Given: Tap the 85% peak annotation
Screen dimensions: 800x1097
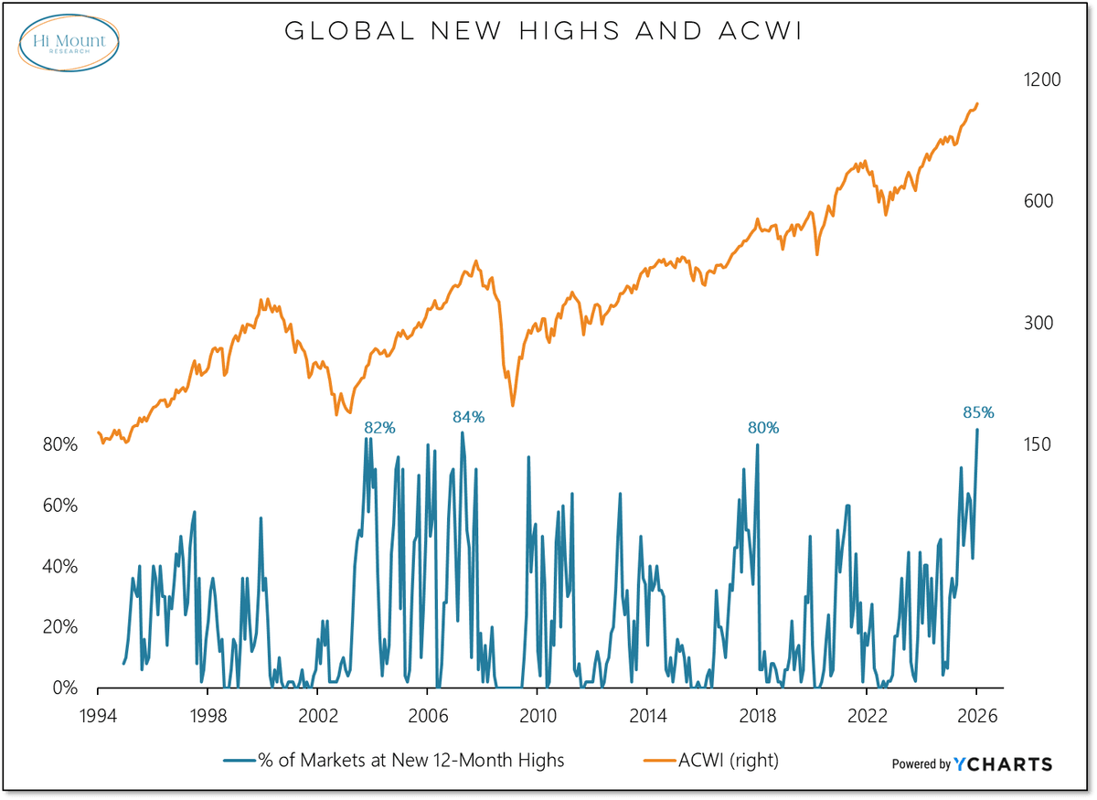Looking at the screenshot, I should [977, 412].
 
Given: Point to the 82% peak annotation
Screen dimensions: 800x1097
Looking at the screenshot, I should [378, 427].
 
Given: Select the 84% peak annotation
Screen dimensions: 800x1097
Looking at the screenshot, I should [468, 417].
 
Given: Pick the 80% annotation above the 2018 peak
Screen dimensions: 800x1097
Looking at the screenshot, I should [763, 427].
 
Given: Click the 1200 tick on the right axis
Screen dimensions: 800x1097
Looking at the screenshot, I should [1040, 80].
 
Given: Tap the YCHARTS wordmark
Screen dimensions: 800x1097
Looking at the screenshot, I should [1003, 764].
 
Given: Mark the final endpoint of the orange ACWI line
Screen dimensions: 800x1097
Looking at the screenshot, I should [977, 104].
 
